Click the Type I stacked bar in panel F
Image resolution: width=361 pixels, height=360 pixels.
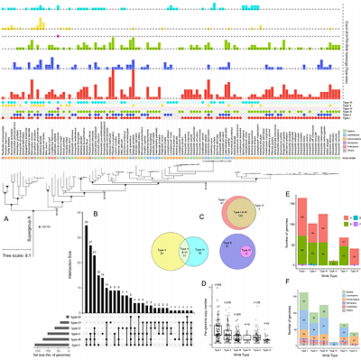(304, 319)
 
